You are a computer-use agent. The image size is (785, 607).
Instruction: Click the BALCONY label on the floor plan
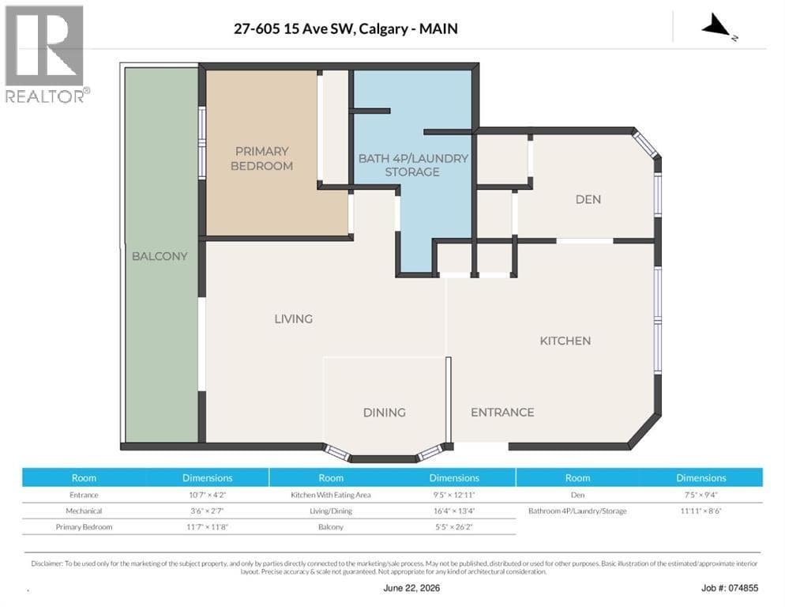click(160, 256)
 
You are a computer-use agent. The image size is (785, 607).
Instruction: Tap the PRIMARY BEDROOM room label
click(262, 158)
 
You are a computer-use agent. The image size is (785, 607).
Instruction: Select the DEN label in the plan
click(588, 199)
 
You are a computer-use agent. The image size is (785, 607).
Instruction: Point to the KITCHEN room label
click(565, 341)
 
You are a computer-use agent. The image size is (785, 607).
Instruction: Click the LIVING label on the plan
click(293, 319)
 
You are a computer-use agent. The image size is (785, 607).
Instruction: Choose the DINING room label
click(385, 413)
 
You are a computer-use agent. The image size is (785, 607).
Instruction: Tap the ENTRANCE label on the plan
click(502, 412)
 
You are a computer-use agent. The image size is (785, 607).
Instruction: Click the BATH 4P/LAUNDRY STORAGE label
click(413, 165)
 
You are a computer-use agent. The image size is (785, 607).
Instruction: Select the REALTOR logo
click(46, 54)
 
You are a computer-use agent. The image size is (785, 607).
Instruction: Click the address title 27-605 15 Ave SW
click(295, 28)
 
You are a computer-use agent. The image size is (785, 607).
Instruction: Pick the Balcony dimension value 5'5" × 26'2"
click(454, 527)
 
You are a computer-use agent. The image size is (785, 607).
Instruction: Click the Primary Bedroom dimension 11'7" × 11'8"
click(207, 527)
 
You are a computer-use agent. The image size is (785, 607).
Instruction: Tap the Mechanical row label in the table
click(84, 511)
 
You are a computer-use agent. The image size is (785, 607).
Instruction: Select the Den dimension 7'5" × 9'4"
click(701, 495)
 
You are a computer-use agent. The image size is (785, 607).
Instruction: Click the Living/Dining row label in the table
click(331, 511)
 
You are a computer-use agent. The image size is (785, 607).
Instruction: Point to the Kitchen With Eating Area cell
click(331, 495)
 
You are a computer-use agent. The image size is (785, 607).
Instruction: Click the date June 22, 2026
click(411, 588)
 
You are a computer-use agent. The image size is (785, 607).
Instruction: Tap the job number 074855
click(743, 588)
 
